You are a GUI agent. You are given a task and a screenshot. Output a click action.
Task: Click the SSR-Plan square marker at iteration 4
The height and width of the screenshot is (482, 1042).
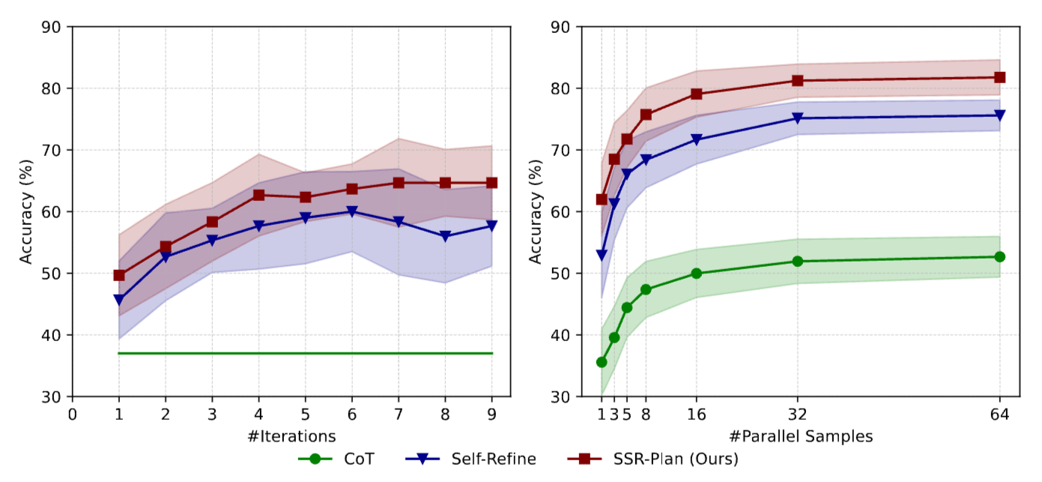258,195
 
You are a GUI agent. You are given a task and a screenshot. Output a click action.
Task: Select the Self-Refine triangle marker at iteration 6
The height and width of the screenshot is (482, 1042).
352,211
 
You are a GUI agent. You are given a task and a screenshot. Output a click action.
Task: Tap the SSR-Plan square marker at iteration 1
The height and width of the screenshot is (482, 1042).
118,275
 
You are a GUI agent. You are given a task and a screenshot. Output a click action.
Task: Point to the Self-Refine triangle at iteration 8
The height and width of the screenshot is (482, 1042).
446,236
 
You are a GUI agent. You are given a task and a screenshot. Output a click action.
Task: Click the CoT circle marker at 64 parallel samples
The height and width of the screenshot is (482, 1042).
999,256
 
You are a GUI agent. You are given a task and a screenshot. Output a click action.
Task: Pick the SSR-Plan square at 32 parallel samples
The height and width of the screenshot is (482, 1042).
797,80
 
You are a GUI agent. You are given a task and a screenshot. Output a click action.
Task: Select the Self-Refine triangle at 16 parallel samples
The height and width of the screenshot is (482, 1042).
696,140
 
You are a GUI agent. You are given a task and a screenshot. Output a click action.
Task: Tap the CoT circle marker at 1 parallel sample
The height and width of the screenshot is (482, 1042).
601,362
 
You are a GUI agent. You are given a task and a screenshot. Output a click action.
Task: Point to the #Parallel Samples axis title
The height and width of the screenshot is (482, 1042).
800,436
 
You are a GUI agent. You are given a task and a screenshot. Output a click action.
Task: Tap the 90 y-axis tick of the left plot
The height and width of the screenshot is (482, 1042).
56,27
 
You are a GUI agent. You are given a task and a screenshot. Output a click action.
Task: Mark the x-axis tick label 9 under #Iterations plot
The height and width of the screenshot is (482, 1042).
492,414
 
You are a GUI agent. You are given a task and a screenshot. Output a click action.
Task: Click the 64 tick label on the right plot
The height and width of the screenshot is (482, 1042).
999,414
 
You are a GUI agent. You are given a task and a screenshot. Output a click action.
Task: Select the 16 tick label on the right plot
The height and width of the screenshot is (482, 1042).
696,414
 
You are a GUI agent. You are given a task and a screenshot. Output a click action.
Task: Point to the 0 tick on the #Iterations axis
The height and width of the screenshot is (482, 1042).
72,414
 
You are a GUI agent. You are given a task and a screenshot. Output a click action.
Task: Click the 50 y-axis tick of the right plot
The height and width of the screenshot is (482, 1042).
566,274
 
